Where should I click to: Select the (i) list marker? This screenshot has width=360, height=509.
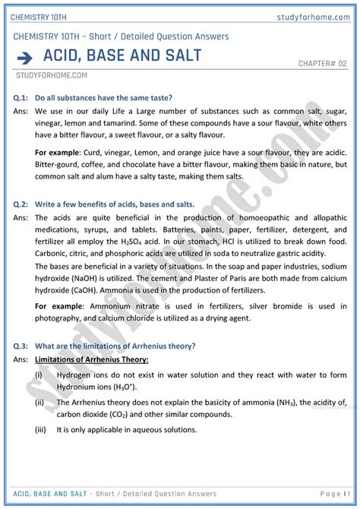[x=38, y=375]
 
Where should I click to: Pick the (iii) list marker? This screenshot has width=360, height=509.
[x=39, y=429]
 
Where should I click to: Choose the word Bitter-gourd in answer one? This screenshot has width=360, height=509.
[x=61, y=164]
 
